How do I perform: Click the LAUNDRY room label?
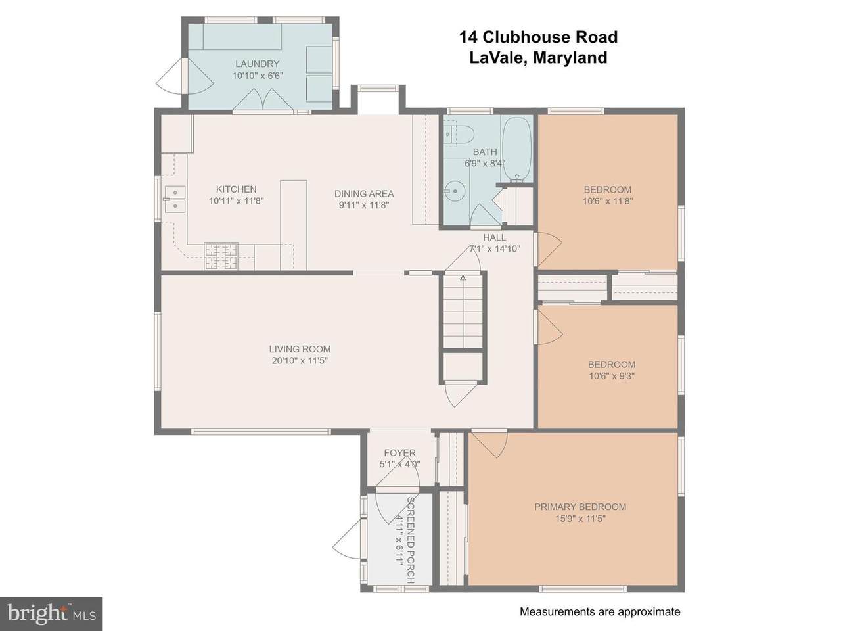click(x=257, y=64)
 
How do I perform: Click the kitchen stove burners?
click(x=221, y=256)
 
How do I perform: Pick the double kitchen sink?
click(x=175, y=199)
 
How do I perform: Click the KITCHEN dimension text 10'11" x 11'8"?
click(x=236, y=200)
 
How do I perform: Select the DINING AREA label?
click(x=364, y=194)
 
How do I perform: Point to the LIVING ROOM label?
click(x=300, y=349)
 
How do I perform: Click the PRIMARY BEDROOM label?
click(x=580, y=507)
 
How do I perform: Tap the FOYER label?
click(x=399, y=452)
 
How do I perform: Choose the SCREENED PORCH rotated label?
click(x=410, y=540)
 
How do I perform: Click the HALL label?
click(x=494, y=237)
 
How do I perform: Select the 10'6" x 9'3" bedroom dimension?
click(x=612, y=376)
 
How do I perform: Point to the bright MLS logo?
click(x=51, y=614)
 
